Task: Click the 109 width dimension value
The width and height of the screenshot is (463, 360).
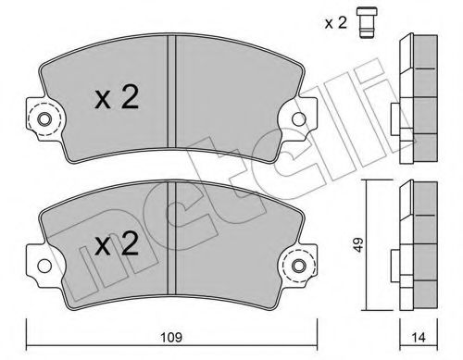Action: pyautogui.click(x=171, y=337)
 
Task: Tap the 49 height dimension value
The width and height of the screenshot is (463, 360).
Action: pyautogui.click(x=357, y=245)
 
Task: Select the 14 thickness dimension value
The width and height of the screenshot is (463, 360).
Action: pyautogui.click(x=419, y=337)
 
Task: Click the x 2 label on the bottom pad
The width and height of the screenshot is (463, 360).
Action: pyautogui.click(x=117, y=243)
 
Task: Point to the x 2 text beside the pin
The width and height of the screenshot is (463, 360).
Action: pyautogui.click(x=335, y=23)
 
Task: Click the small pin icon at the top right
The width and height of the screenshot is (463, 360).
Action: pyautogui.click(x=367, y=23)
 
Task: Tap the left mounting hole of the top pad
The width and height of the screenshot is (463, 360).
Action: pyautogui.click(x=44, y=119)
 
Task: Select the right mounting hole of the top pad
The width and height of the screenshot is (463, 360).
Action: pyautogui.click(x=299, y=119)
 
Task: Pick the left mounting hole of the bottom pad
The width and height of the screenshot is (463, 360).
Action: pyautogui.click(x=44, y=266)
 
